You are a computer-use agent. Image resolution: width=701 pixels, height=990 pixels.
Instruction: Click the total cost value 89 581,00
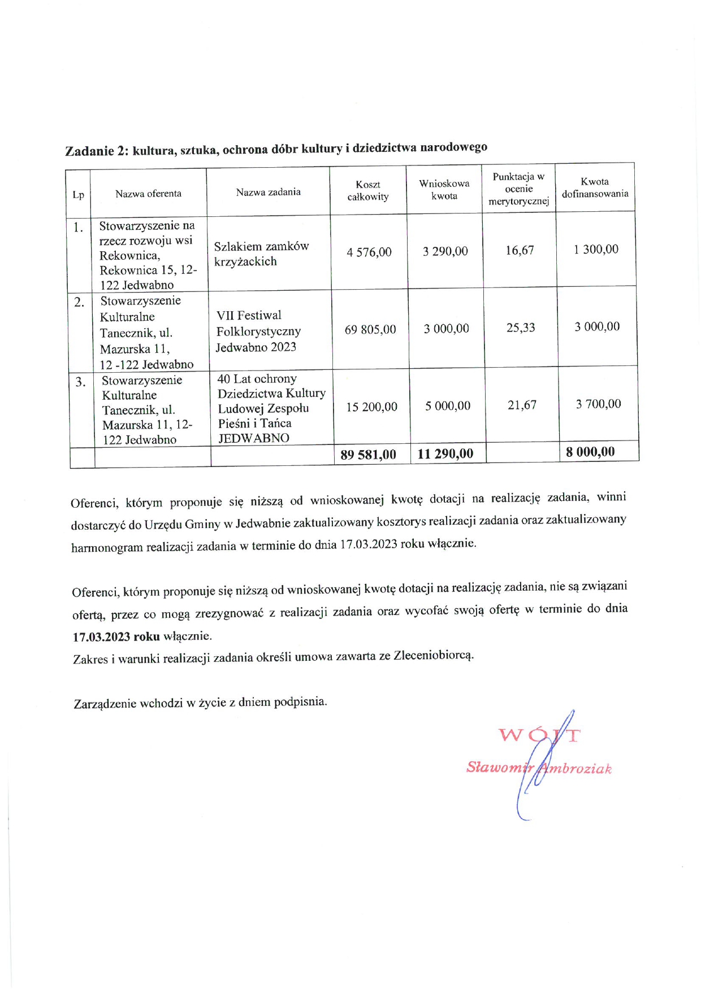coord(368,455)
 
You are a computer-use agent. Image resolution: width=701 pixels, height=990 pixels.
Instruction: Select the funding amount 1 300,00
coord(596,249)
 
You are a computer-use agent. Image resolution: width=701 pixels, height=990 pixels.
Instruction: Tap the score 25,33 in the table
coord(521,328)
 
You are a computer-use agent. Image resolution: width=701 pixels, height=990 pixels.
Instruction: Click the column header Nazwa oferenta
coord(148,194)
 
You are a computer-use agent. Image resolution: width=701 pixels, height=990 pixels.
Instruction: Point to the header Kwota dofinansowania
coord(595,187)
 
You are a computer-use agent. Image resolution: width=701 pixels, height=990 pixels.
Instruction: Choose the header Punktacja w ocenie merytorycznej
coord(518,189)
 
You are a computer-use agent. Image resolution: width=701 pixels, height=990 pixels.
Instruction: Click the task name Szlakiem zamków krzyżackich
coord(261,254)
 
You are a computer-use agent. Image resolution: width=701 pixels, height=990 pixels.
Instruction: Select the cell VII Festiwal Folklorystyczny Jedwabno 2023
coord(258,331)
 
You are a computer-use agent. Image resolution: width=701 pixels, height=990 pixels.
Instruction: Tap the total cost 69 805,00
coord(370,329)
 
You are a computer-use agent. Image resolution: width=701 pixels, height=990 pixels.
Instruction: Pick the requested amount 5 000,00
coord(448,406)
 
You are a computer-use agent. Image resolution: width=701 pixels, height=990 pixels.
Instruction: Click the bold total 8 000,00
coord(590,452)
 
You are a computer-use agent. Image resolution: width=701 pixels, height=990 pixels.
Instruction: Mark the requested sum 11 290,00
coord(445,453)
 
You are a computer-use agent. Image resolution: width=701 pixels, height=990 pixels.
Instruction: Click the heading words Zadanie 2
coord(97,151)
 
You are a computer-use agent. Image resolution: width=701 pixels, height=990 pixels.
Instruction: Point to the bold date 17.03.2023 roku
coord(116,636)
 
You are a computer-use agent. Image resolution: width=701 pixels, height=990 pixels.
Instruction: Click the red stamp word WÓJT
coord(539,735)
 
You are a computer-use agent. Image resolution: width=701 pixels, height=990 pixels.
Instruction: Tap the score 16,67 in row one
coord(520,250)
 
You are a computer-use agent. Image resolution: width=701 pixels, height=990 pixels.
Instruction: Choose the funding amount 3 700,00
coord(598,404)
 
